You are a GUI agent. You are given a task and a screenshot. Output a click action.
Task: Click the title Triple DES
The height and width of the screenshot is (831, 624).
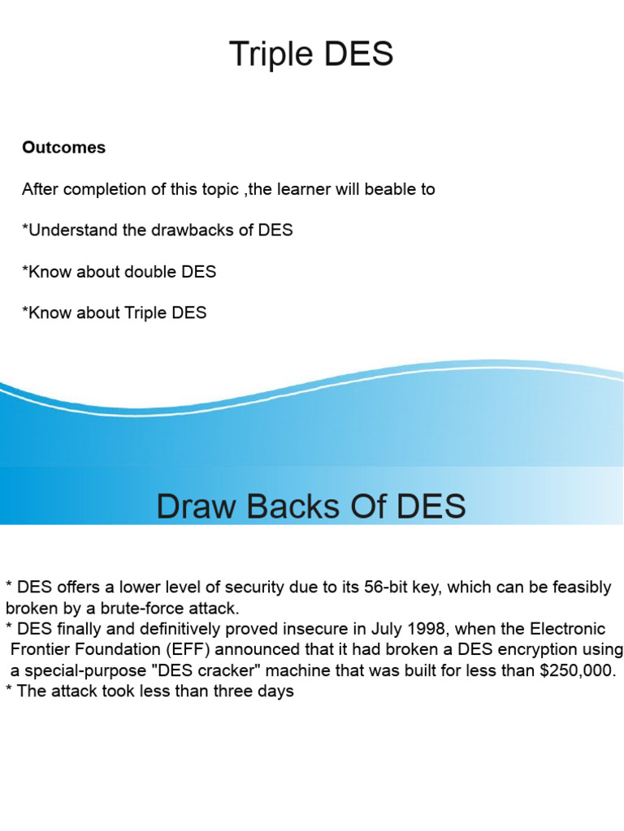[311, 54]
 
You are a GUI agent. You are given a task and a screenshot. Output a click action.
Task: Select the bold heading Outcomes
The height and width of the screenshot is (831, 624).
[63, 148]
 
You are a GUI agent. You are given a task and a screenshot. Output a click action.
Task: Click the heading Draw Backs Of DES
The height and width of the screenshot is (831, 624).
[311, 506]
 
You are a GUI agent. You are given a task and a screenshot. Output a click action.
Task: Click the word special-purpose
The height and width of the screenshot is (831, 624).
[84, 671]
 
